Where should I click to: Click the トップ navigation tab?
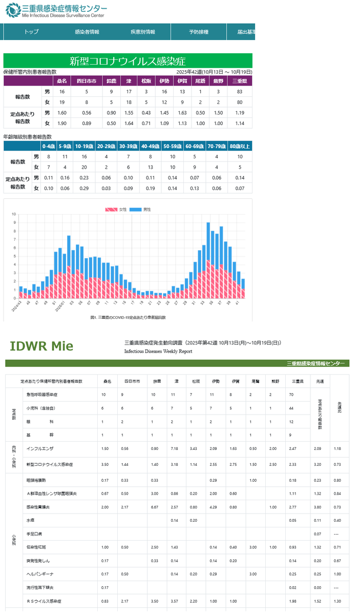coord(31,32)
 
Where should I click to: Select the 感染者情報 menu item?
coord(87,32)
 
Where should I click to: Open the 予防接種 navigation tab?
coord(198,32)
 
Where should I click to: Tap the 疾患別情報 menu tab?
coord(143,32)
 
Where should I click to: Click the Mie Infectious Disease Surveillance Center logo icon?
coord(11,10)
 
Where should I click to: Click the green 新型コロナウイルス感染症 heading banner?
coord(128,61)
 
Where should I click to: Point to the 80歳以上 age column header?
coord(240,146)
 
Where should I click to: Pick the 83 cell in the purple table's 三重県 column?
coord(240,92)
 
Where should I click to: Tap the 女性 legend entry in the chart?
coord(117,210)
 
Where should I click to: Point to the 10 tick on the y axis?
coord(14,214)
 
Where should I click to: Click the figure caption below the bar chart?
coord(128,317)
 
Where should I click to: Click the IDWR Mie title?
coord(41,346)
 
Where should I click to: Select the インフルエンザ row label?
coord(41,448)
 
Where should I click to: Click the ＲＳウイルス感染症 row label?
coord(45,601)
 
